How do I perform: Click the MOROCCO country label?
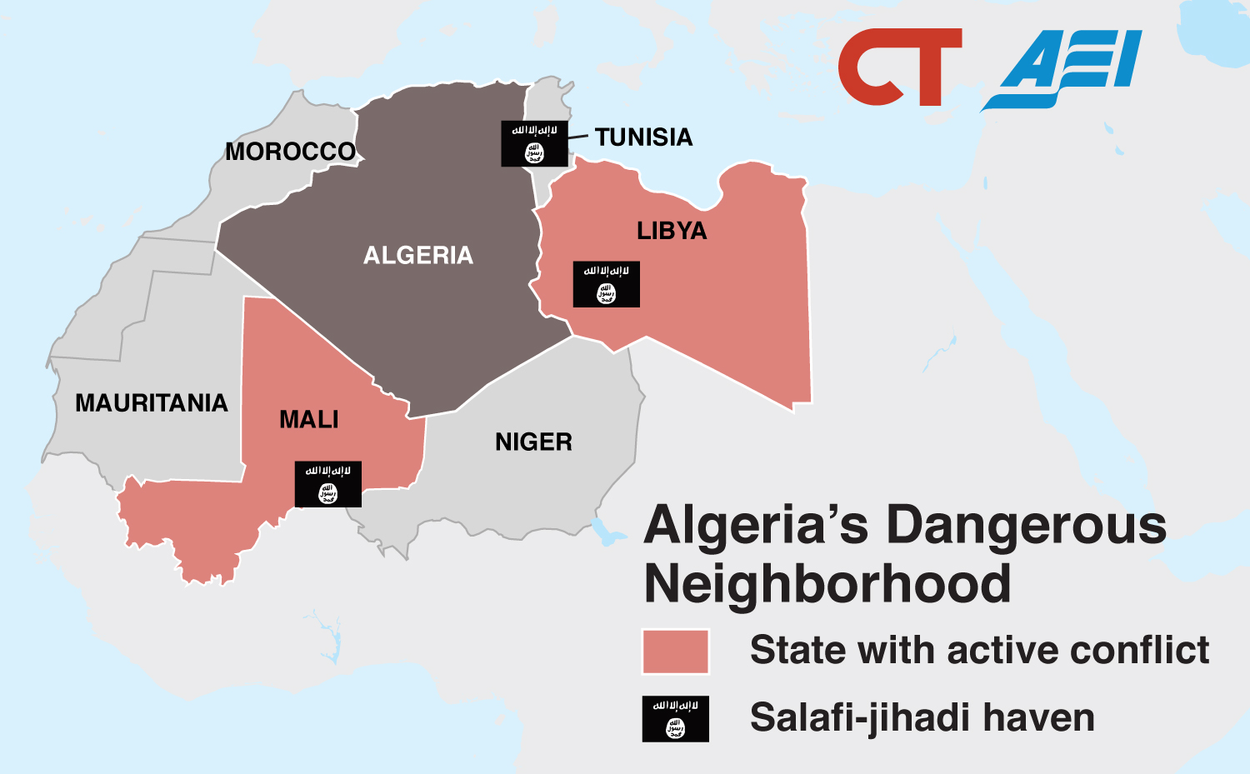pyautogui.click(x=291, y=152)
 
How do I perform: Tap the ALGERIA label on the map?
pyautogui.click(x=418, y=255)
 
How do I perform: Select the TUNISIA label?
pyautogui.click(x=643, y=137)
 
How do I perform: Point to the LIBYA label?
pyautogui.click(x=672, y=231)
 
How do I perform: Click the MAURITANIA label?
pyautogui.click(x=152, y=403)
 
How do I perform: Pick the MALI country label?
pyautogui.click(x=309, y=419)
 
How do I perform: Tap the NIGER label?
pyautogui.click(x=533, y=442)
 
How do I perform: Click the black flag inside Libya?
pyautogui.click(x=607, y=284)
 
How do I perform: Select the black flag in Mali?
pyautogui.click(x=328, y=484)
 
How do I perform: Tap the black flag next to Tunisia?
pyautogui.click(x=534, y=143)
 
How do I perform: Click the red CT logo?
pyautogui.click(x=898, y=67)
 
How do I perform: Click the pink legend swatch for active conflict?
pyautogui.click(x=676, y=652)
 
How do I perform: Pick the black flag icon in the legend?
pyautogui.click(x=676, y=718)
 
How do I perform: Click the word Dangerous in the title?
pyautogui.click(x=1026, y=527)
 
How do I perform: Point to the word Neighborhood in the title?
pyautogui.click(x=827, y=584)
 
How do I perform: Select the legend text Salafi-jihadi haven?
pyautogui.click(x=922, y=718)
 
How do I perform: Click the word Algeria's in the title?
pyautogui.click(x=756, y=527)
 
